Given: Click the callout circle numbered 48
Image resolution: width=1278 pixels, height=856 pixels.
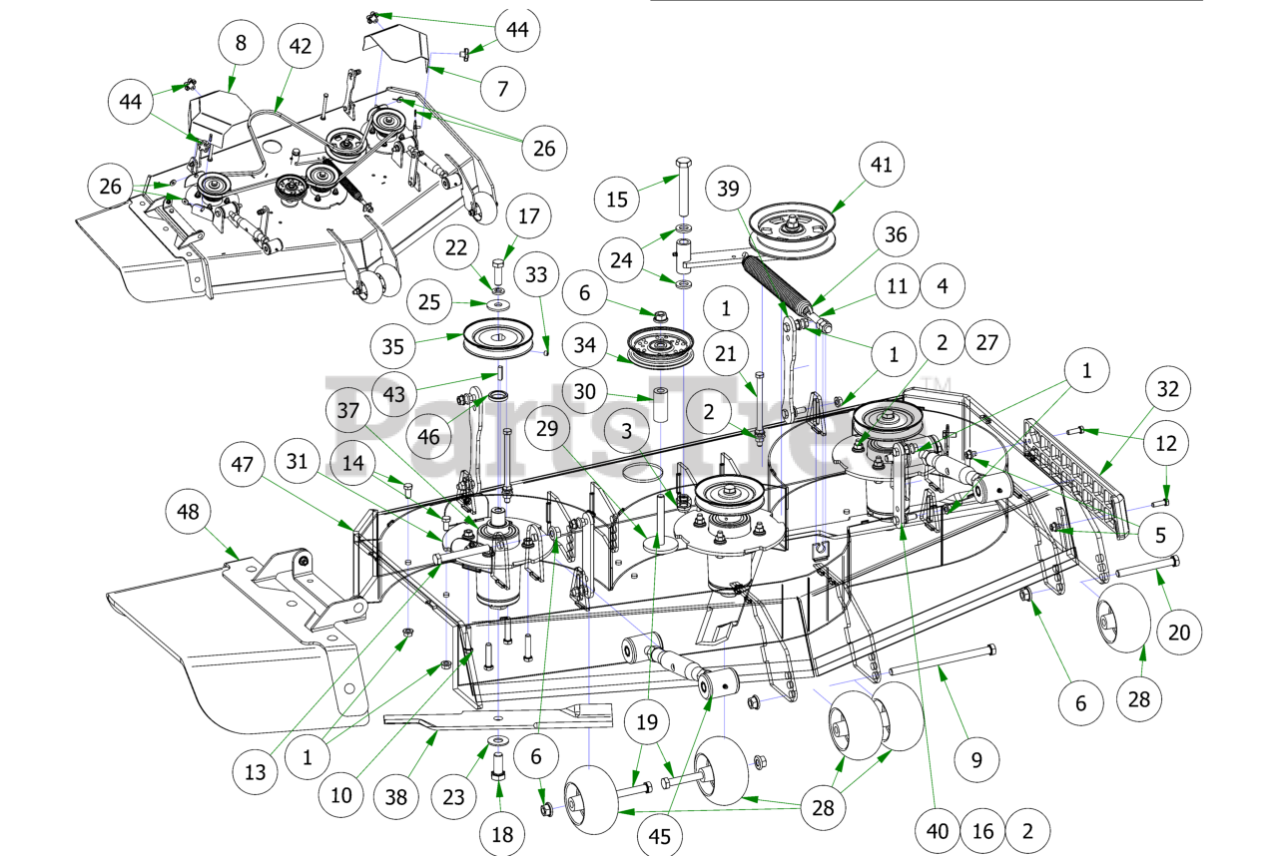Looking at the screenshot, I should coord(188,513).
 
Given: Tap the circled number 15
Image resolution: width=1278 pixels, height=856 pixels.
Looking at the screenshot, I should coord(619,200).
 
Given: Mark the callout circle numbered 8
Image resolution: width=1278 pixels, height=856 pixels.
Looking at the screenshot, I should coord(242,43).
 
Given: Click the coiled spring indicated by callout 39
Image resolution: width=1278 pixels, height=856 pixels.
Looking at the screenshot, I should coord(782,282).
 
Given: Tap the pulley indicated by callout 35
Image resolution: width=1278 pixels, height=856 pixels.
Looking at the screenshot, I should coord(497,341).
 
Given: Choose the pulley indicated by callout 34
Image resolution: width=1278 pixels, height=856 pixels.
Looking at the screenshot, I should coord(659,346).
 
